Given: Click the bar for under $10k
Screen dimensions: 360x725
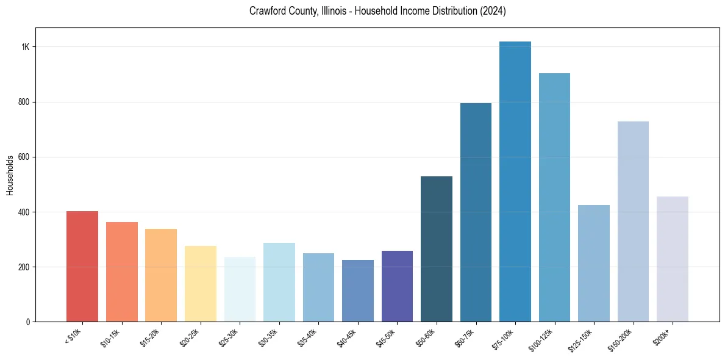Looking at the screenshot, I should coord(82,266).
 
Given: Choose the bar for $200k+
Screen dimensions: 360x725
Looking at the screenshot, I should coord(673,259).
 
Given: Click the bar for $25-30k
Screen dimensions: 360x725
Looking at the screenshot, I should coord(240,289).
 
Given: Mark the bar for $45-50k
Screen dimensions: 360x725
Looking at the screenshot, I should coord(397,286).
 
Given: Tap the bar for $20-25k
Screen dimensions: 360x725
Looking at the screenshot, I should coord(201,284).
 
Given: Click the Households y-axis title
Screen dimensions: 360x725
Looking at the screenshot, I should coord(10,175).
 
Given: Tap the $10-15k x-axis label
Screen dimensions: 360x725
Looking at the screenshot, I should coord(111,337).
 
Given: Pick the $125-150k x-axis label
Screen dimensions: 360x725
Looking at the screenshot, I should coord(580,339).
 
